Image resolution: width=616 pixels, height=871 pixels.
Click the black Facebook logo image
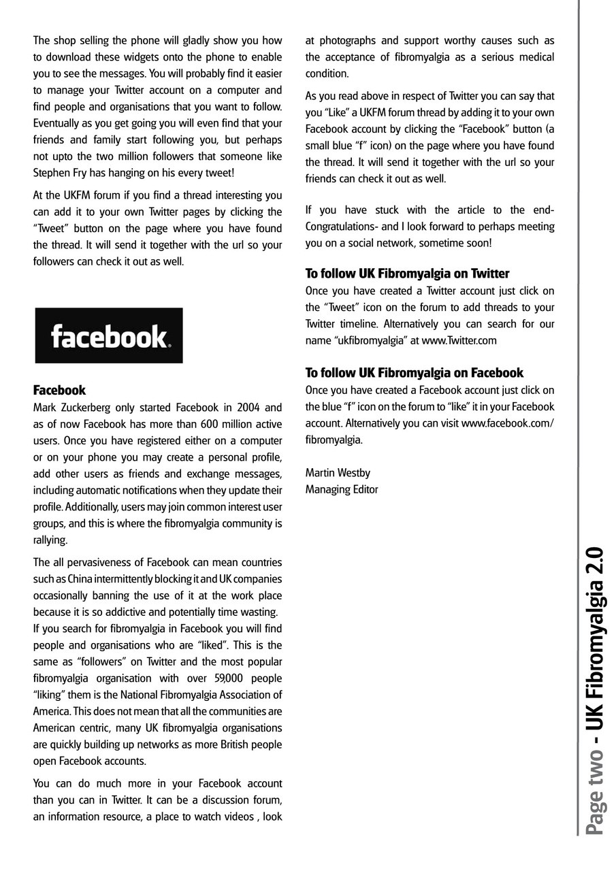coord(109,335)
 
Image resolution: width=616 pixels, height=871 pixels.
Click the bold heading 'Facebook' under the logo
coord(60,391)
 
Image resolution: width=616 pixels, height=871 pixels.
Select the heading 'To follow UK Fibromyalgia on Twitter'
coord(407,274)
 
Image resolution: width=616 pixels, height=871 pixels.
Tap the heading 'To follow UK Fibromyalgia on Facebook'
coord(414,373)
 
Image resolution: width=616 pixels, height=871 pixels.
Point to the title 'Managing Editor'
coord(342,489)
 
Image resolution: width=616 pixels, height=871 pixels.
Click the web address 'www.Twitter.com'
coord(459,340)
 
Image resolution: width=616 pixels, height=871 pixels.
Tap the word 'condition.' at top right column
coord(327,73)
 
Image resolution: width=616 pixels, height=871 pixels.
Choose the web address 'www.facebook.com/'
coord(508,423)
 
